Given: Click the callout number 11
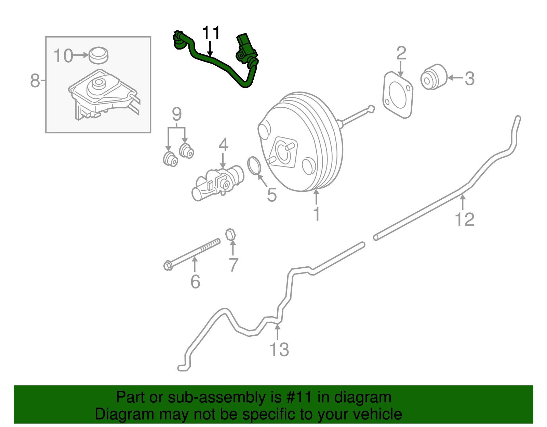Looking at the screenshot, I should (x=211, y=33).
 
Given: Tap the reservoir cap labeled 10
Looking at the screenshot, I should (x=98, y=55).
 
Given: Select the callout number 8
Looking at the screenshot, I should (x=35, y=81).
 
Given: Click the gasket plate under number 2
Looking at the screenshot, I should (x=398, y=95).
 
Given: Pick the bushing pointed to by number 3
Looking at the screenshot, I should (x=433, y=77).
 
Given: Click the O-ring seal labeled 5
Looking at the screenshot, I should (x=254, y=165).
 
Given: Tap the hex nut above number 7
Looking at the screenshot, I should (x=231, y=235).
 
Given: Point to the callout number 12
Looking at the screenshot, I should (x=465, y=219).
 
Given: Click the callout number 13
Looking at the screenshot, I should (x=279, y=350).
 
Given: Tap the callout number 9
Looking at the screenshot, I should (x=177, y=114).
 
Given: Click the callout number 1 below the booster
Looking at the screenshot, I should (x=317, y=214).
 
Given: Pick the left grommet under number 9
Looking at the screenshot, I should (x=170, y=159).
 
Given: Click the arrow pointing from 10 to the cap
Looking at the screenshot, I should (x=81, y=55).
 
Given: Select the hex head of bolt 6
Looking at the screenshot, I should (x=168, y=266).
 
